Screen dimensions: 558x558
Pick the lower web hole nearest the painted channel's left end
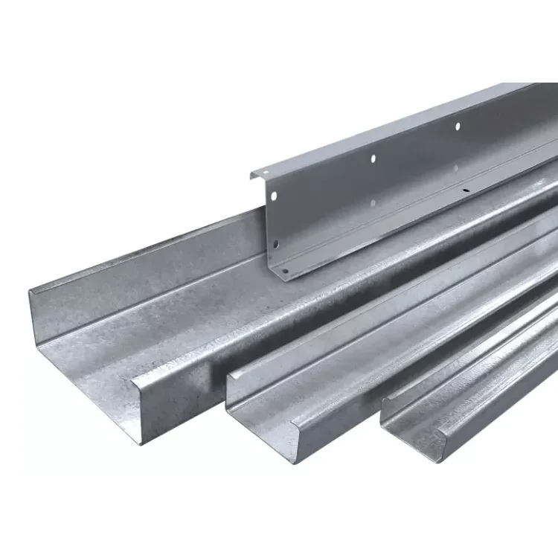coord(277,243)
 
